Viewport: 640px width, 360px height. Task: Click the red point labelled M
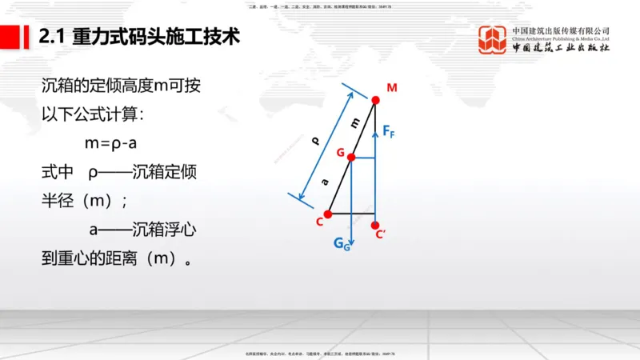point(376,100)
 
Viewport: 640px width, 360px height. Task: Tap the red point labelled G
point(351,158)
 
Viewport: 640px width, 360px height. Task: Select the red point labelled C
point(328,213)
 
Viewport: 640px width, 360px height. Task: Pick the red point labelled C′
point(376,226)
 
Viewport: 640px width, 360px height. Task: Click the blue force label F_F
point(388,131)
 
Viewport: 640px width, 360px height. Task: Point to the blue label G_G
point(342,245)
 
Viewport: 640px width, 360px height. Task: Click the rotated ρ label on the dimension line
point(316,142)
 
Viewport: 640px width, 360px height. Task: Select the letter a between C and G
point(326,182)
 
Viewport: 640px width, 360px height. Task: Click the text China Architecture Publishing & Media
point(561,38)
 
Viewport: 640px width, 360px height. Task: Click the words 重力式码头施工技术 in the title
point(155,37)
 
